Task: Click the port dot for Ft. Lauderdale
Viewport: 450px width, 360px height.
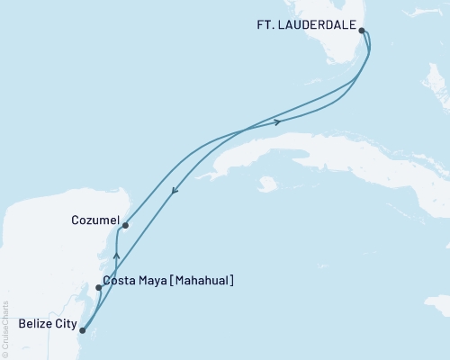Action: click(362, 31)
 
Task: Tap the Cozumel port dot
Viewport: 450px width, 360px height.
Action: click(125, 225)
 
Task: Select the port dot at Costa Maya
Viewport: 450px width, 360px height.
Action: click(98, 288)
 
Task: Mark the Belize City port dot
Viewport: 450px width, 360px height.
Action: click(82, 330)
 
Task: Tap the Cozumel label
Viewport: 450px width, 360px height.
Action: click(94, 219)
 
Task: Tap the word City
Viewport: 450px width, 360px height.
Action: click(64, 322)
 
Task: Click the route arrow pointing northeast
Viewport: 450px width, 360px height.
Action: click(277, 121)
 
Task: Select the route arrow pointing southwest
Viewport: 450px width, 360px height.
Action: click(174, 189)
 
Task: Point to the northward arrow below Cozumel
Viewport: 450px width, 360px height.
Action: click(116, 256)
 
